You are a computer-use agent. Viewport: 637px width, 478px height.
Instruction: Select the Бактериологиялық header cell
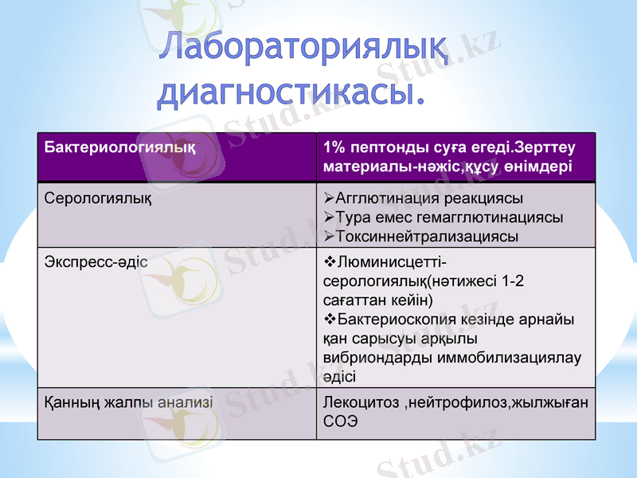tap(119, 148)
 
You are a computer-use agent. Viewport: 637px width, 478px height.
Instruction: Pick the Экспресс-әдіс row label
tap(96, 261)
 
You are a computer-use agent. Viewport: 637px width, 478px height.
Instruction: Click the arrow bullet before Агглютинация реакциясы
tap(330, 198)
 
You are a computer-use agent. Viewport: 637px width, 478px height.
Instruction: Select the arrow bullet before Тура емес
tap(330, 217)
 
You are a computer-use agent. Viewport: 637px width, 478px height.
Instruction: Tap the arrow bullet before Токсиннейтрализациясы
tap(330, 237)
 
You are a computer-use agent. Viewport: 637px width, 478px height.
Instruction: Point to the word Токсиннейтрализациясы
tap(427, 237)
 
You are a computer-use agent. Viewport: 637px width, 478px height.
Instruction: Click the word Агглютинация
tap(386, 198)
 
